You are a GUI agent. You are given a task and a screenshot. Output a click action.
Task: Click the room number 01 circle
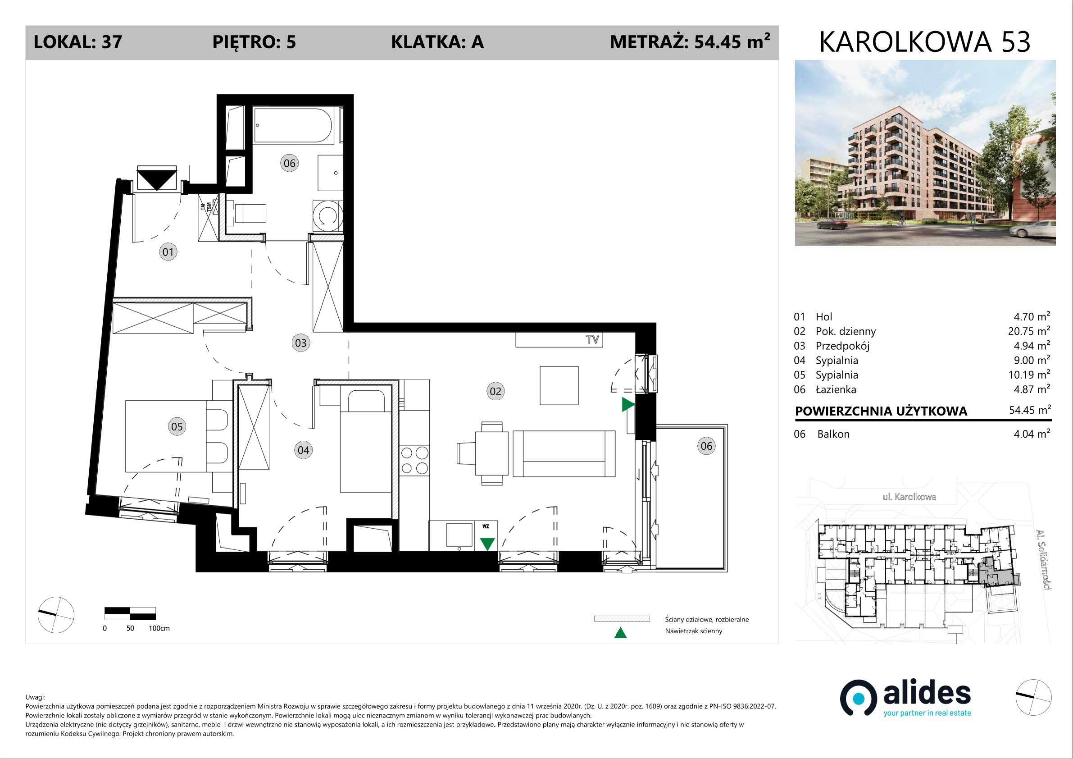coord(168,252)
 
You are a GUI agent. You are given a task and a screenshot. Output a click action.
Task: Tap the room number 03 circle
coord(301,343)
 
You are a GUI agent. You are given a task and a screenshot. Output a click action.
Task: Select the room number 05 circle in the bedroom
coord(177,426)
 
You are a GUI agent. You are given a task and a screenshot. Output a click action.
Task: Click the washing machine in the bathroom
coord(327,216)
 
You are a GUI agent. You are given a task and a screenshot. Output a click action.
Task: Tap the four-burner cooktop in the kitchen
coord(414,460)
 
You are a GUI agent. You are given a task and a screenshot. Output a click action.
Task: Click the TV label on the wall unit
coord(592,339)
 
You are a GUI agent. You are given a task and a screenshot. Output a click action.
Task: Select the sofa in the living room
coord(564,453)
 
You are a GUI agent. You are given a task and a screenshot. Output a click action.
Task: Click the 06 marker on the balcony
coord(706,446)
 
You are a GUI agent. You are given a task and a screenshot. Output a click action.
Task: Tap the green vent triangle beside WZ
coord(487,544)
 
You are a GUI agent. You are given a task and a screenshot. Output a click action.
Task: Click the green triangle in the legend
coord(620,633)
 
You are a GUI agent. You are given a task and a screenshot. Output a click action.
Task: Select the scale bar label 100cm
coord(159,629)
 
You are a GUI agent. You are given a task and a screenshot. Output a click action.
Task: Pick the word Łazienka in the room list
coord(836,389)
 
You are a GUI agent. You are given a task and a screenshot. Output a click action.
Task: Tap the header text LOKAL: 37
coord(78,42)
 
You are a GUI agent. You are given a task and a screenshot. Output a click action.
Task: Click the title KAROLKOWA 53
coord(925,41)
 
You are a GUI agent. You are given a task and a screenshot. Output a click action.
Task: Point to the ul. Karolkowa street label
coord(909,497)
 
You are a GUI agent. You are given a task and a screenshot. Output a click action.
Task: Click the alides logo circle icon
coord(859,698)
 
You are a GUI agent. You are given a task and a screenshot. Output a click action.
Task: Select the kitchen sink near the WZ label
coord(459,535)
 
